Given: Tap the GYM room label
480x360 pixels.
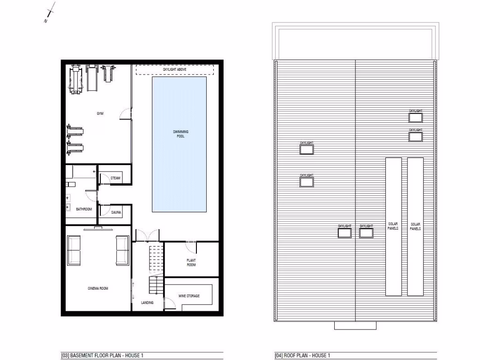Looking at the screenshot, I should pyautogui.click(x=100, y=114).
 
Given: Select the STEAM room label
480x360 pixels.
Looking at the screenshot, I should pyautogui.click(x=115, y=178).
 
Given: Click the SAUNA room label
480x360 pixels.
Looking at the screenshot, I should pyautogui.click(x=116, y=212).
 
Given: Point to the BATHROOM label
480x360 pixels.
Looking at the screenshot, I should pyautogui.click(x=84, y=209).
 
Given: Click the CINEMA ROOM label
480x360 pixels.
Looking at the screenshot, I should pyautogui.click(x=97, y=288).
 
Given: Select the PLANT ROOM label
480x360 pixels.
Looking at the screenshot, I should pyautogui.click(x=191, y=262).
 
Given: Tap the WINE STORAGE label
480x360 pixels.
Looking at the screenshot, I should pyautogui.click(x=189, y=296).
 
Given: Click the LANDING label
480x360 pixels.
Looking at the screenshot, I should pyautogui.click(x=147, y=303).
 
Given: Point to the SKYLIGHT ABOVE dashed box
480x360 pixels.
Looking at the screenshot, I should pyautogui.click(x=174, y=69).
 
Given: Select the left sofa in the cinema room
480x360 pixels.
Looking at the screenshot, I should pyautogui.click(x=74, y=250).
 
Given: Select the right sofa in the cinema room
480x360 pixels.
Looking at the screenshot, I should pyautogui.click(x=122, y=250).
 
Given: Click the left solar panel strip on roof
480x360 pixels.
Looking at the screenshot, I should pyautogui.click(x=393, y=226).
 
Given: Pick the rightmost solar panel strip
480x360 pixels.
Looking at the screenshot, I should pyautogui.click(x=415, y=226).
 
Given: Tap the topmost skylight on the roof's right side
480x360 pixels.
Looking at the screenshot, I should pyautogui.click(x=415, y=117).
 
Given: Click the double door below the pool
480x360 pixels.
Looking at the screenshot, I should pyautogui.click(x=147, y=236).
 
